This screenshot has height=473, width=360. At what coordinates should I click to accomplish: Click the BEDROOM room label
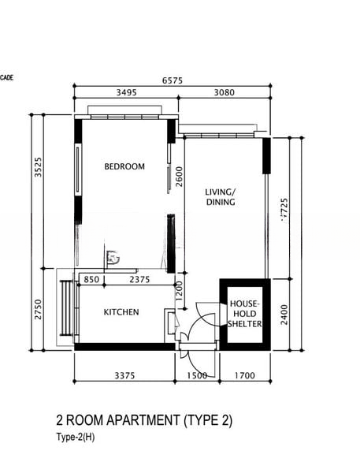coord(125,166)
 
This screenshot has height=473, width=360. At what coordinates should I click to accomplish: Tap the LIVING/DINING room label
coord(221,197)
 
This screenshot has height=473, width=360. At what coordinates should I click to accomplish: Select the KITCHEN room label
coord(121,312)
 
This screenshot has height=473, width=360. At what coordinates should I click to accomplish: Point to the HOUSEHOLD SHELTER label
coord(244,313)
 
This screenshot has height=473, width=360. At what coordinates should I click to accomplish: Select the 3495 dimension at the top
coord(126,92)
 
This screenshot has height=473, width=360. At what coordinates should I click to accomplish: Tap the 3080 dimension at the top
coord(224,92)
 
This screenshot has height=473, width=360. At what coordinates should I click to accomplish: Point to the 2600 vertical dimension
coord(180,177)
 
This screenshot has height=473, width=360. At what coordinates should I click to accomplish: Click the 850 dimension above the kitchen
coord(91,279)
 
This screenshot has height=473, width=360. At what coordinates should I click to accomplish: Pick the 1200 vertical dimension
coord(180,291)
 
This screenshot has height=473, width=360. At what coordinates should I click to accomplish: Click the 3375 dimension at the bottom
coord(124,375)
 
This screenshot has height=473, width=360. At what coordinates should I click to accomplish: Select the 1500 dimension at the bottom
coord(196,375)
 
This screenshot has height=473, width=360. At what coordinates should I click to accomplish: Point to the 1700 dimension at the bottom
coord(245,375)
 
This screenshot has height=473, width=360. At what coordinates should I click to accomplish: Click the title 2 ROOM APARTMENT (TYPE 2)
coord(144,420)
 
